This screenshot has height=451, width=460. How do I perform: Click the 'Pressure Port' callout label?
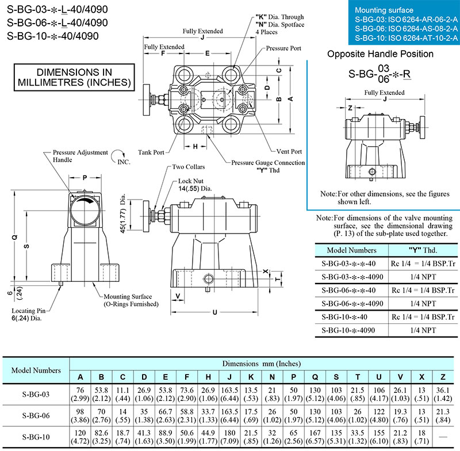click(x=283, y=49)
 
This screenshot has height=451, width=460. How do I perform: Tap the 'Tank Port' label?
click(x=151, y=152)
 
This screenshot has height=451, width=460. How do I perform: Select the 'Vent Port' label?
click(x=289, y=151)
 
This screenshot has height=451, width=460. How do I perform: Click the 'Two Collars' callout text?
click(x=189, y=167)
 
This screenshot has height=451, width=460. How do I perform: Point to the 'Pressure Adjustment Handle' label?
click(x=79, y=156)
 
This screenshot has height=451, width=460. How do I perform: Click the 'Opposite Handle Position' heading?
click(x=380, y=54)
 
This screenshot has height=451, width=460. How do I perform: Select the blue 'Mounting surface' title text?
click(x=384, y=10)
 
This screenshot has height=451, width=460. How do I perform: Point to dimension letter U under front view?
click(x=214, y=312)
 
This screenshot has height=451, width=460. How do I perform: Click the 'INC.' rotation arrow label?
click(x=124, y=162)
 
